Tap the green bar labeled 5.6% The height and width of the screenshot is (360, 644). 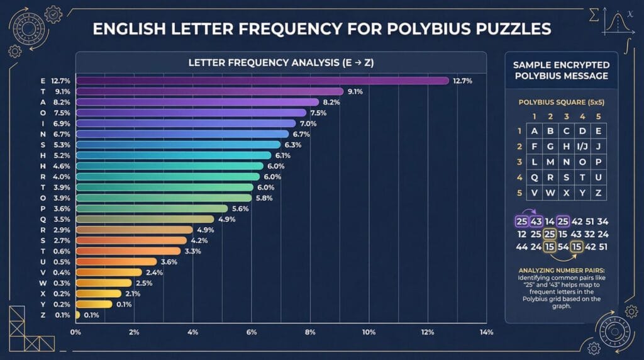pos(151,208)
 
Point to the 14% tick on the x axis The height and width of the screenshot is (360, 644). pos(486,332)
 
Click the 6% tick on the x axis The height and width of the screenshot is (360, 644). pos(252,332)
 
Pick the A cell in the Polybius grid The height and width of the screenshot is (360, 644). pos(535,131)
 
